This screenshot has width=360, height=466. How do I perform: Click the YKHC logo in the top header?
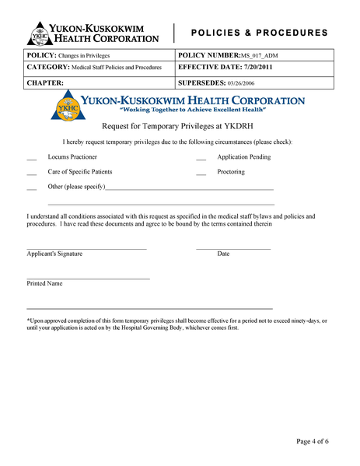pos(39,33)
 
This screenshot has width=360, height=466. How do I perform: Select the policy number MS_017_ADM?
pos(260,56)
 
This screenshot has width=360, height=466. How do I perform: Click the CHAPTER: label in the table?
pos(45,82)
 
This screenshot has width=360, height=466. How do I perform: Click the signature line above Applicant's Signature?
pos(86,248)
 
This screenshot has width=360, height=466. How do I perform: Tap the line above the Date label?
pos(233,248)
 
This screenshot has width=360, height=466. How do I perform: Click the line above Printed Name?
pos(88,279)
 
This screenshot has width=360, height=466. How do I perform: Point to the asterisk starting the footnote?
pos(28,320)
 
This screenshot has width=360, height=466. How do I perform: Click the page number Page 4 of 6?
pos(313,441)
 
